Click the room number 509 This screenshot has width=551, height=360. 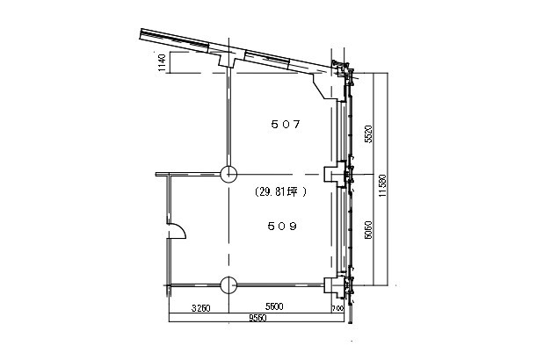(281, 226)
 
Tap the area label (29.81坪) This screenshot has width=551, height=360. (280, 191)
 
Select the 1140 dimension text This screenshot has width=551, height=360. (162, 63)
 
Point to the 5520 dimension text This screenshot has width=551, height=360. (369, 132)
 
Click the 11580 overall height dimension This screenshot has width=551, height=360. (381, 187)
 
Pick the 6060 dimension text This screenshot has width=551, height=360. (369, 230)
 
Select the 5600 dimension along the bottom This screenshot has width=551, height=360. (273, 308)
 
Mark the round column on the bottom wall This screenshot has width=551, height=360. (228, 284)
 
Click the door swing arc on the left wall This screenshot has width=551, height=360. (177, 230)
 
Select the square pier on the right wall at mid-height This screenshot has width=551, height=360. (331, 173)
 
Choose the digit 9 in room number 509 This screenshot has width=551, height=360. (294, 226)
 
